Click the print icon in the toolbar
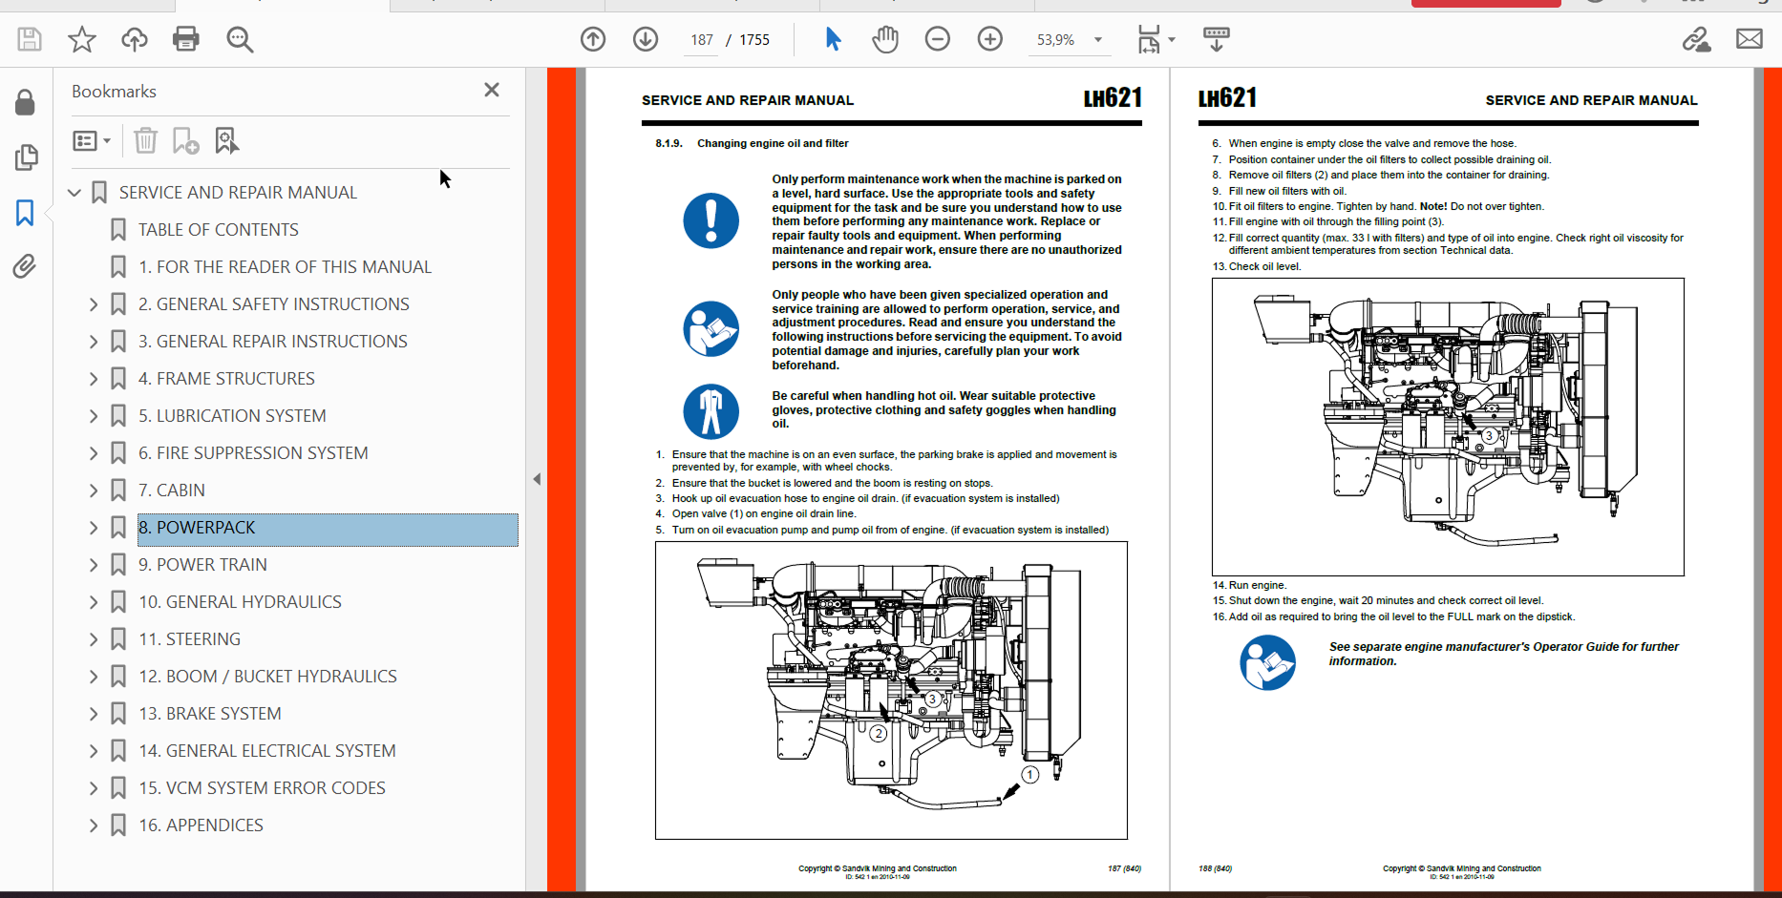[x=186, y=39]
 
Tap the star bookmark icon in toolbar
[x=82, y=39]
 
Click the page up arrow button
[x=593, y=39]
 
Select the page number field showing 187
[x=702, y=40]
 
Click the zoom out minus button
[x=938, y=39]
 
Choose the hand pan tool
[x=885, y=39]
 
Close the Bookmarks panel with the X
[x=492, y=90]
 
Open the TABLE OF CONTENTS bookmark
[x=219, y=230]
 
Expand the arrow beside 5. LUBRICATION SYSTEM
[x=94, y=416]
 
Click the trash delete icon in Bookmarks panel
[x=145, y=141]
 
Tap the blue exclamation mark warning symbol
[x=711, y=220]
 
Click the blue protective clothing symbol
[x=711, y=411]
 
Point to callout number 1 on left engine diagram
[x=1029, y=775]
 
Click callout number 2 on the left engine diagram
[x=879, y=734]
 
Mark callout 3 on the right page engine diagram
[x=1489, y=435]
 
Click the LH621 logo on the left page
[x=1113, y=98]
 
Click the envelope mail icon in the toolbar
[x=1749, y=39]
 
